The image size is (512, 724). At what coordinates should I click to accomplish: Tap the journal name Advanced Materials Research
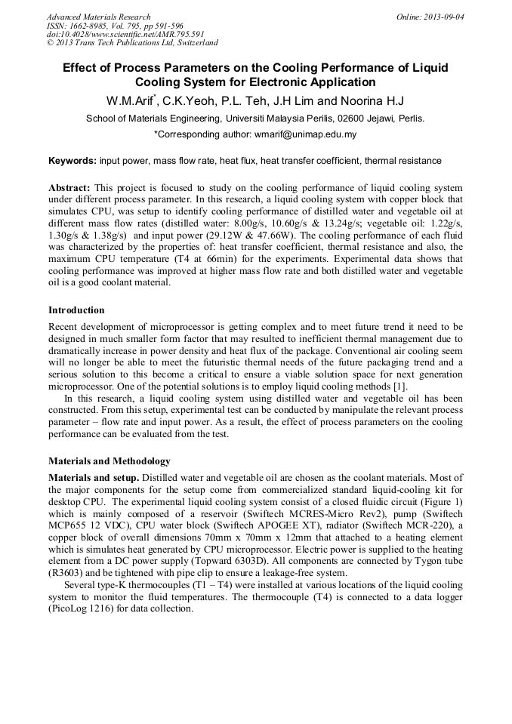click(x=99, y=16)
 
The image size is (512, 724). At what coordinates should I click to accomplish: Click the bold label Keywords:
click(x=72, y=161)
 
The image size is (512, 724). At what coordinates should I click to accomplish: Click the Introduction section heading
click(x=76, y=310)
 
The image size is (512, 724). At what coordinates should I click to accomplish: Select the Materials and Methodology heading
click(x=109, y=461)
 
